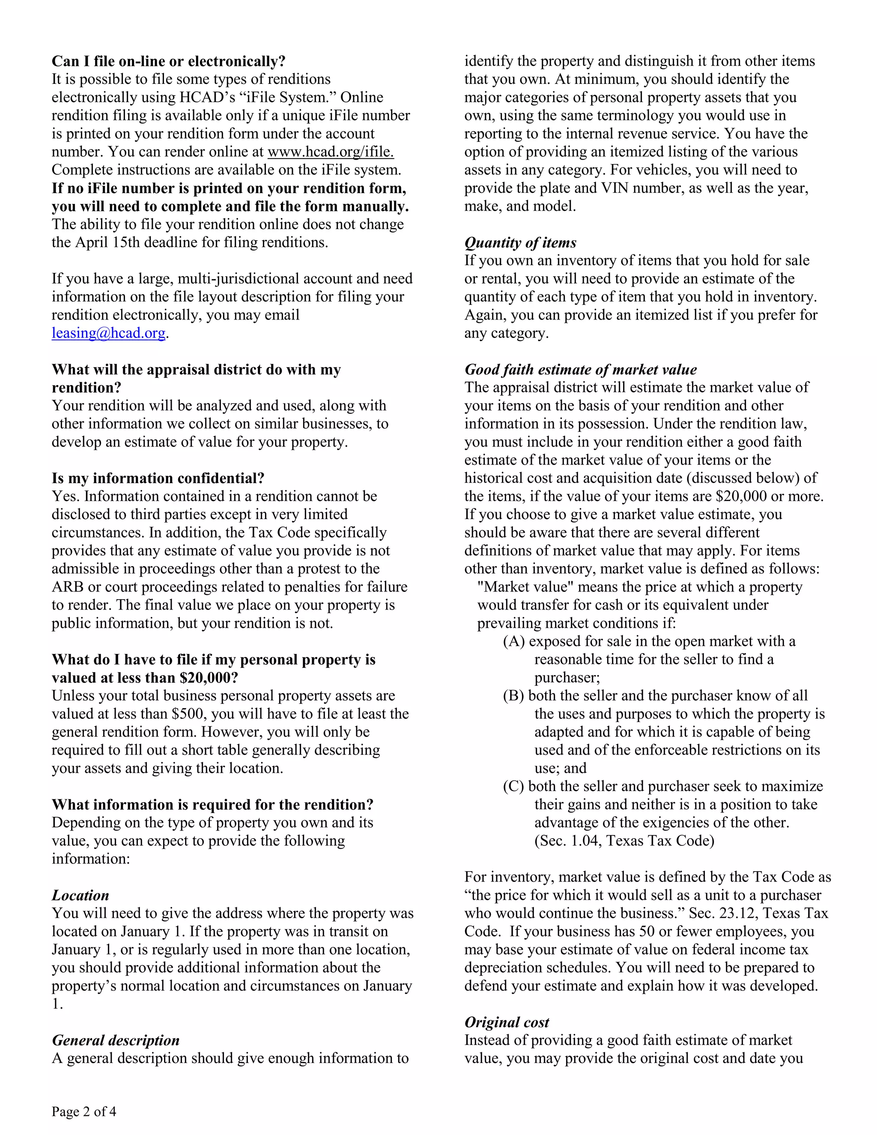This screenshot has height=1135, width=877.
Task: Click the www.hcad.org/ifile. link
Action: pos(331,152)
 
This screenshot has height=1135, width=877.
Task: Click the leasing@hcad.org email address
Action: pos(108,333)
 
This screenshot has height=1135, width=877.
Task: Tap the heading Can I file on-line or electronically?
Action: pos(168,61)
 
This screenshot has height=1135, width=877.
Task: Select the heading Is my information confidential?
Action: pos(158,478)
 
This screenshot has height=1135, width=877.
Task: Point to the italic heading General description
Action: pos(115,1040)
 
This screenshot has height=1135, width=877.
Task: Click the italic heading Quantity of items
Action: pos(520,243)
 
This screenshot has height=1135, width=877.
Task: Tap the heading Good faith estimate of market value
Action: pos(580,370)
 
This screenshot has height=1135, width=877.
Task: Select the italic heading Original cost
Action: pos(507,1022)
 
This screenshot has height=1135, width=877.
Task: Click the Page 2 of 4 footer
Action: pos(84,1111)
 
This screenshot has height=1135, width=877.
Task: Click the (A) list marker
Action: pos(513,641)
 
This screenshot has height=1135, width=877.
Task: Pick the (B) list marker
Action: pos(513,696)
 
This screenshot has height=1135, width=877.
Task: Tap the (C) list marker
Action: pos(513,786)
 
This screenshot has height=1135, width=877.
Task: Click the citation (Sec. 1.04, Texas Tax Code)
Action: pos(624,841)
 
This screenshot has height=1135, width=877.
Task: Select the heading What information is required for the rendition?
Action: pos(212,804)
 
